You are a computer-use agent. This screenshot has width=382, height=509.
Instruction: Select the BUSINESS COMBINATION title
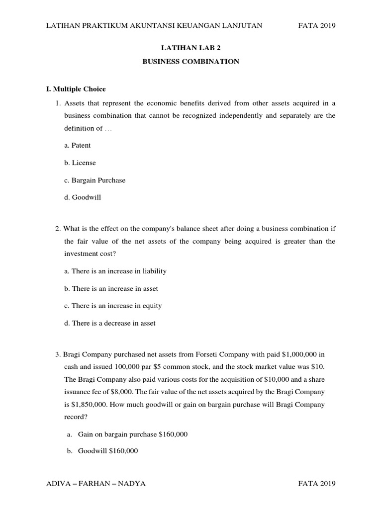191,62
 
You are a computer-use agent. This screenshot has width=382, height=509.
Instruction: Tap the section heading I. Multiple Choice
76,89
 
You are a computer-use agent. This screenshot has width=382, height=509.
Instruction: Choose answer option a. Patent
78,145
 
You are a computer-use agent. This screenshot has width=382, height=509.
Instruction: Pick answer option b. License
80,163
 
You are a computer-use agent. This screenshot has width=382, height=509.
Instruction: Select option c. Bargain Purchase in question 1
95,180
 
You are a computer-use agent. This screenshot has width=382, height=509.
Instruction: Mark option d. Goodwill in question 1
83,197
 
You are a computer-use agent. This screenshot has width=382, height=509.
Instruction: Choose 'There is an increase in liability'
115,271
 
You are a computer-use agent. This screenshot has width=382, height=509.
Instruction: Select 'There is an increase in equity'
113,306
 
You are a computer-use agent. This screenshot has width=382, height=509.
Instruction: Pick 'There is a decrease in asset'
110,323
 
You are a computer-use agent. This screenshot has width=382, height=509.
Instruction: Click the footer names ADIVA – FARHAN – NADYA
95,484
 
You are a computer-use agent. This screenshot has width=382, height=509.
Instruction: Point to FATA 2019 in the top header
317,26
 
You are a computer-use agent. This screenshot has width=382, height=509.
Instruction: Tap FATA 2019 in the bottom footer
317,484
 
